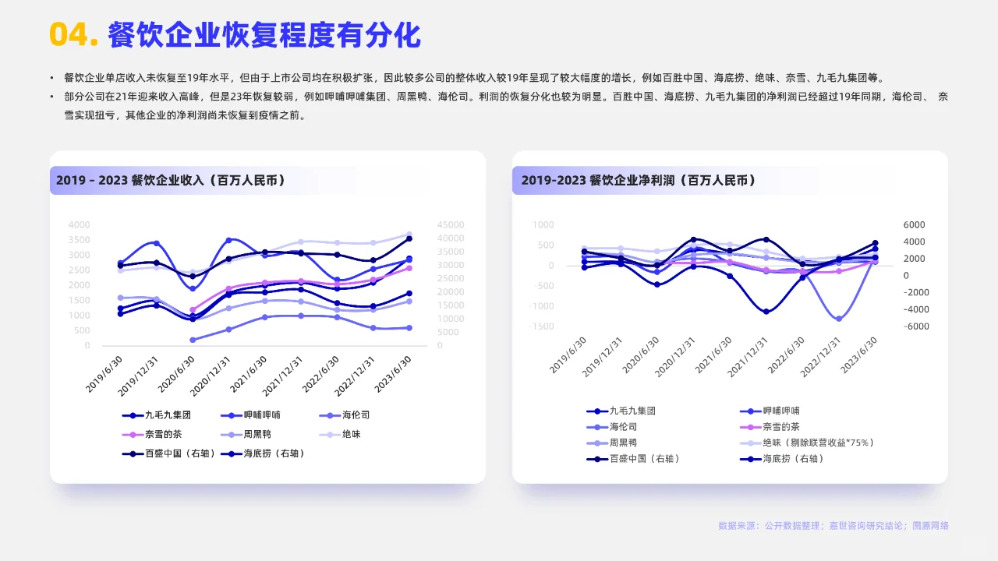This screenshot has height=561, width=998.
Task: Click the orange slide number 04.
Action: coord(72,35)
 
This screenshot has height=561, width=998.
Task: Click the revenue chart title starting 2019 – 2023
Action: coord(170,180)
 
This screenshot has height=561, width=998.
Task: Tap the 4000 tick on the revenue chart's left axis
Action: coord(79,224)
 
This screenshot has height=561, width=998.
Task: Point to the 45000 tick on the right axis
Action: coord(451,224)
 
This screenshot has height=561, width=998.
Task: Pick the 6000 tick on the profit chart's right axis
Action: coord(915,224)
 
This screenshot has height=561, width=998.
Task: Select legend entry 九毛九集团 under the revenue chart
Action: coord(168,415)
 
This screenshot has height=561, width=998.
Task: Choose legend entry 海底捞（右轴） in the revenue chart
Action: coord(274,453)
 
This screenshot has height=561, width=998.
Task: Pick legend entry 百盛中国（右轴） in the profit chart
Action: coord(644,459)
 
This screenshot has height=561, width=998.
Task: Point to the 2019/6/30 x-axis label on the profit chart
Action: coord(568,356)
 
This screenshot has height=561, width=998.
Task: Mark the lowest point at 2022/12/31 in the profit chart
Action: coord(839,319)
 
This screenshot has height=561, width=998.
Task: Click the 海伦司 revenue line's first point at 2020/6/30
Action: coord(193,340)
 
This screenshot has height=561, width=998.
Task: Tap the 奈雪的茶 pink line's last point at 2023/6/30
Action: coord(409,268)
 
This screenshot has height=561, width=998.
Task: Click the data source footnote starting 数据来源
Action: coord(833,526)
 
